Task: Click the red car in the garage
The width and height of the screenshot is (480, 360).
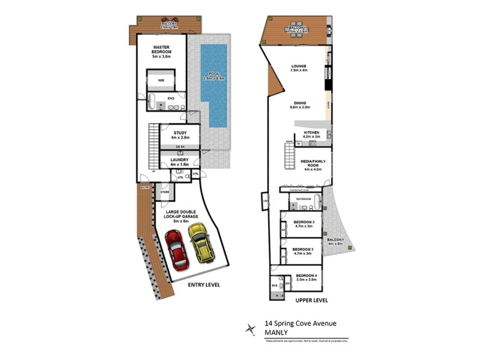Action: (176, 249)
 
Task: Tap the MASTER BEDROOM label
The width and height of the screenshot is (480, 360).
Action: (162, 50)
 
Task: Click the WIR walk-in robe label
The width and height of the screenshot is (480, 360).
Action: (161, 80)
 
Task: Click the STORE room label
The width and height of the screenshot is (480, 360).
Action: (165, 192)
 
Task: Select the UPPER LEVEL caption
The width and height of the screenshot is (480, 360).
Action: (311, 299)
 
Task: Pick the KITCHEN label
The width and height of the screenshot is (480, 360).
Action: (311, 134)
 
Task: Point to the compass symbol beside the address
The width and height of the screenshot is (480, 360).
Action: (250, 328)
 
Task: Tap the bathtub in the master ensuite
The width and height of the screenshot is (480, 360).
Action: (152, 99)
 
